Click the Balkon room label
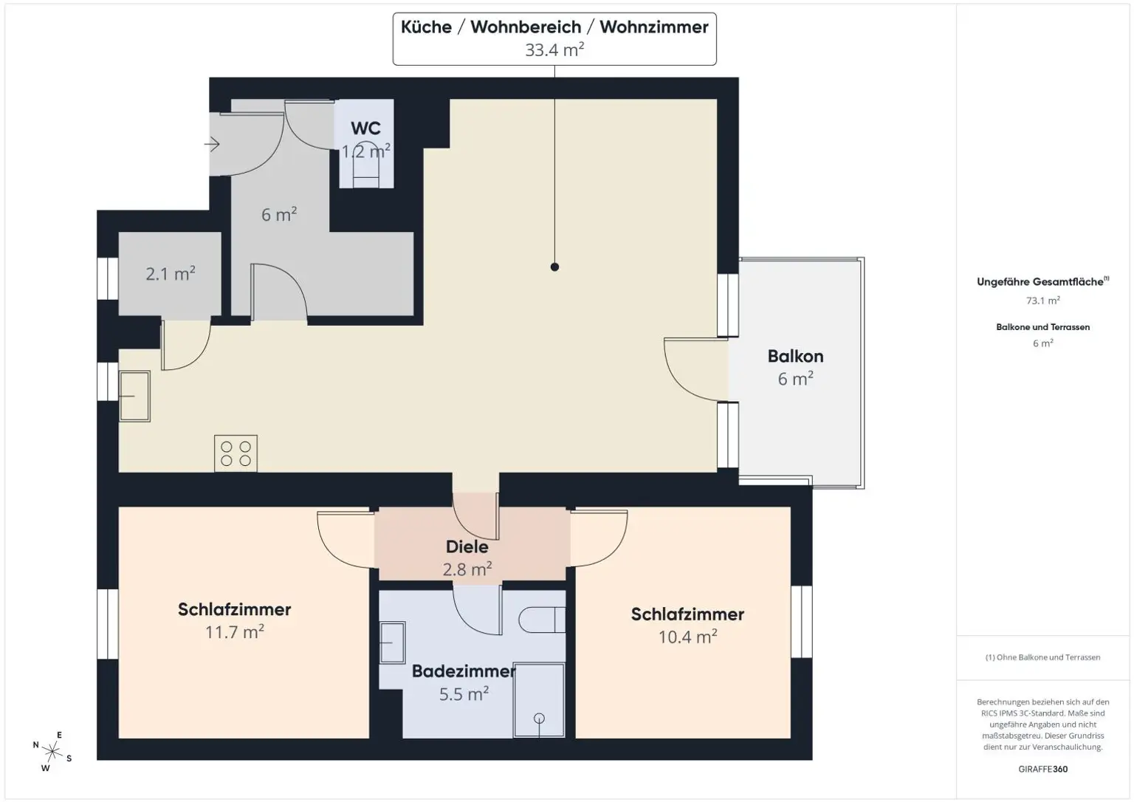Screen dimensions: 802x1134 [x=795, y=356]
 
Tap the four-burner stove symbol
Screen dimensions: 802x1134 [x=236, y=453]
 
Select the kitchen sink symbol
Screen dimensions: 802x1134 [x=134, y=396]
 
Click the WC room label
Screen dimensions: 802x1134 [x=365, y=128]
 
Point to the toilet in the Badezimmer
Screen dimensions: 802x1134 [x=541, y=620]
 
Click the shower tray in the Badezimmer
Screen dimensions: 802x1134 [x=539, y=700]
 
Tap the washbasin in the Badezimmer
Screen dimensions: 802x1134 [x=392, y=642]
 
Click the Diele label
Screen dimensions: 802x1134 [x=467, y=547]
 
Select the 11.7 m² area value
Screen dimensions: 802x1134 [x=235, y=632]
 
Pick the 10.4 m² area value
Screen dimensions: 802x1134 [x=687, y=637]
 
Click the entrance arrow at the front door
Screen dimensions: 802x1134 [x=213, y=145]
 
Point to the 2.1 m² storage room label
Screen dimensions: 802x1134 [x=171, y=274]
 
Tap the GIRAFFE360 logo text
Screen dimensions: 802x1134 [x=1042, y=769]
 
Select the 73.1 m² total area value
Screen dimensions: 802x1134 [x=1042, y=301]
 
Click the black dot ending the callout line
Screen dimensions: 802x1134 [x=554, y=267]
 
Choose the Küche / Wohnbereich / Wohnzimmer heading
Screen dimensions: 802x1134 [x=554, y=27]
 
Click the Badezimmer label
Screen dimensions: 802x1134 [x=463, y=671]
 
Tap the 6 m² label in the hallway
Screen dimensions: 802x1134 [x=279, y=215]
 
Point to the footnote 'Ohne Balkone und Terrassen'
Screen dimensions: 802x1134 [x=1042, y=657]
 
